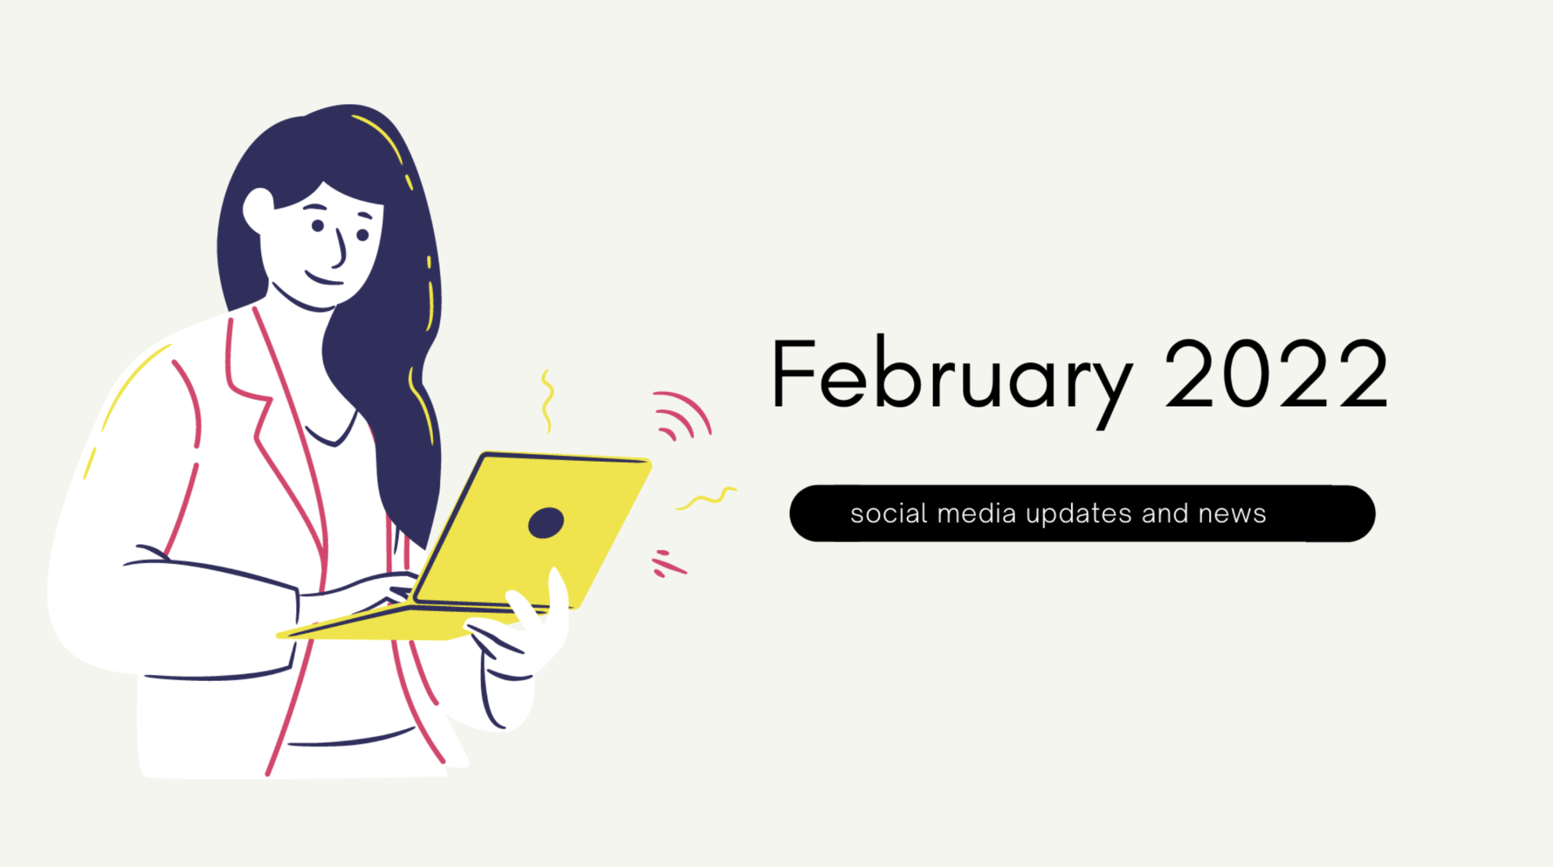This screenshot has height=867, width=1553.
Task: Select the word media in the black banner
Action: (976, 514)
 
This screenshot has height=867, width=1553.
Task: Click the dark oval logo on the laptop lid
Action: (546, 523)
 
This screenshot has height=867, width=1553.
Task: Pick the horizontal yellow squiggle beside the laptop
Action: (707, 498)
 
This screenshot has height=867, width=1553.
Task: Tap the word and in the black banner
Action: (1164, 514)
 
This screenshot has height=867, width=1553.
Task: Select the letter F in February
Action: (792, 375)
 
